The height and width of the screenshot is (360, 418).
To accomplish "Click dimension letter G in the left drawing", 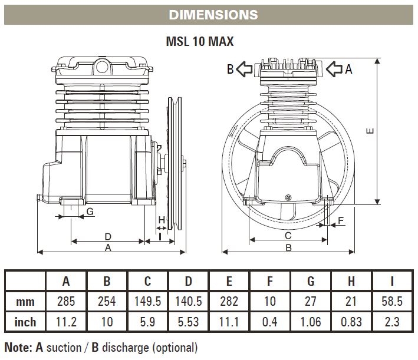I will coord(90,211).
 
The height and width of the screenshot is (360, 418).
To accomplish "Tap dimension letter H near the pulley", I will coord(162,219).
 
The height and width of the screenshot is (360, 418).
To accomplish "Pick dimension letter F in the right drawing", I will coord(341,221).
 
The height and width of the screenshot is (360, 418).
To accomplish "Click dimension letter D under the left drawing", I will coord(107,236).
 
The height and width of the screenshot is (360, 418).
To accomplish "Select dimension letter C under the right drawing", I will coord(288,236).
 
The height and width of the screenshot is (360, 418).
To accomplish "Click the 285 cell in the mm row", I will coord(67,301).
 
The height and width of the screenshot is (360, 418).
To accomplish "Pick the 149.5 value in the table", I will coord(148,301).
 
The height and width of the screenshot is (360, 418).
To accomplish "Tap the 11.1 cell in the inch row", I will coord(229,322).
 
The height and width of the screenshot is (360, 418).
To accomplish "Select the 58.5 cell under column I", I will coord(392,301).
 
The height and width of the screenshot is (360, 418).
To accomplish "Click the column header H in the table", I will coord(351,281).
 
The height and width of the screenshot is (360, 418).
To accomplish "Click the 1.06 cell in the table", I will coord(311,322).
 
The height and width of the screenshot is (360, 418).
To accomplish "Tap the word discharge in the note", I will coord(131,347).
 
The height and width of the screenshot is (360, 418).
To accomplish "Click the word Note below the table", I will coord(17,347).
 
